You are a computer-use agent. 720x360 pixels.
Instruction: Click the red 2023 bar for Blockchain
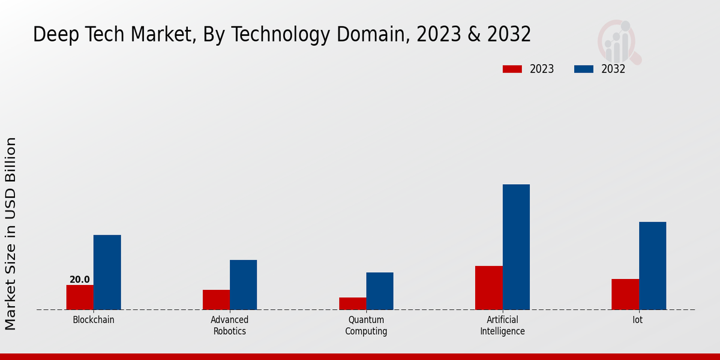pyautogui.click(x=80, y=297)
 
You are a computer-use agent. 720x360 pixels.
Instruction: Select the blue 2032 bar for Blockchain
pyautogui.click(x=107, y=272)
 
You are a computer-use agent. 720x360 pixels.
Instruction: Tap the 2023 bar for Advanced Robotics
pyautogui.click(x=216, y=299)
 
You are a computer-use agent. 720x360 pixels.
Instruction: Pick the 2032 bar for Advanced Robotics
pyautogui.click(x=243, y=284)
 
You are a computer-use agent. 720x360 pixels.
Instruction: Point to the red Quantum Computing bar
pyautogui.click(x=352, y=304)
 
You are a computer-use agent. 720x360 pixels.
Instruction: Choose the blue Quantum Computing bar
pyautogui.click(x=380, y=291)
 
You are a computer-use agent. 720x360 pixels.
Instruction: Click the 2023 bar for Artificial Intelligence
pyautogui.click(x=488, y=287)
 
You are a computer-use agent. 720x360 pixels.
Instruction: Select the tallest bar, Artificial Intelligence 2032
pyautogui.click(x=516, y=247)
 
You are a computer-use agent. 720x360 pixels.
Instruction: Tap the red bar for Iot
pyautogui.click(x=625, y=294)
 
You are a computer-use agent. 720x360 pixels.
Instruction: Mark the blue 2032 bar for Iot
pyautogui.click(x=652, y=266)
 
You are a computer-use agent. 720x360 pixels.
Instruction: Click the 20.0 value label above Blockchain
pyautogui.click(x=80, y=280)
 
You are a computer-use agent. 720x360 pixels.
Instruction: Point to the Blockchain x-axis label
pyautogui.click(x=94, y=320)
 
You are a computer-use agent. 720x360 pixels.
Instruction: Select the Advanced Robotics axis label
pyautogui.click(x=230, y=325)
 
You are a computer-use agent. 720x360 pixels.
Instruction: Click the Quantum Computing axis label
pyautogui.click(x=366, y=325)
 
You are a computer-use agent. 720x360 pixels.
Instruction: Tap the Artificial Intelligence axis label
pyautogui.click(x=502, y=325)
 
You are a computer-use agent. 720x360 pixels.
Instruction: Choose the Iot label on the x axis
pyautogui.click(x=638, y=320)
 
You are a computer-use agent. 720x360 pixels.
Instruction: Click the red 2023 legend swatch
pyautogui.click(x=512, y=69)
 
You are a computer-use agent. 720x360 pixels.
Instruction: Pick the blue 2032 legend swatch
pyautogui.click(x=583, y=69)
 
